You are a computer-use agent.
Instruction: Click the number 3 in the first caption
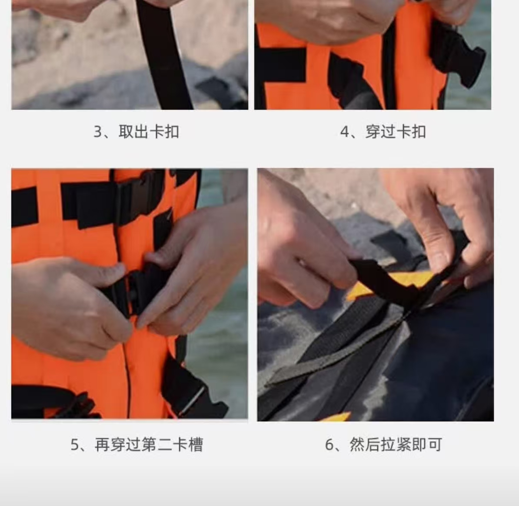click(97, 132)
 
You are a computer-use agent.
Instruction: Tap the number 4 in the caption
click(345, 132)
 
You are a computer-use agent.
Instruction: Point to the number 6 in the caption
click(329, 445)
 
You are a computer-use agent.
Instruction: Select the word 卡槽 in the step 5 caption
click(188, 444)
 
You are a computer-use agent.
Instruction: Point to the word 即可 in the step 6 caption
click(427, 444)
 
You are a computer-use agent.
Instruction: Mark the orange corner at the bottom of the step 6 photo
click(334, 417)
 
